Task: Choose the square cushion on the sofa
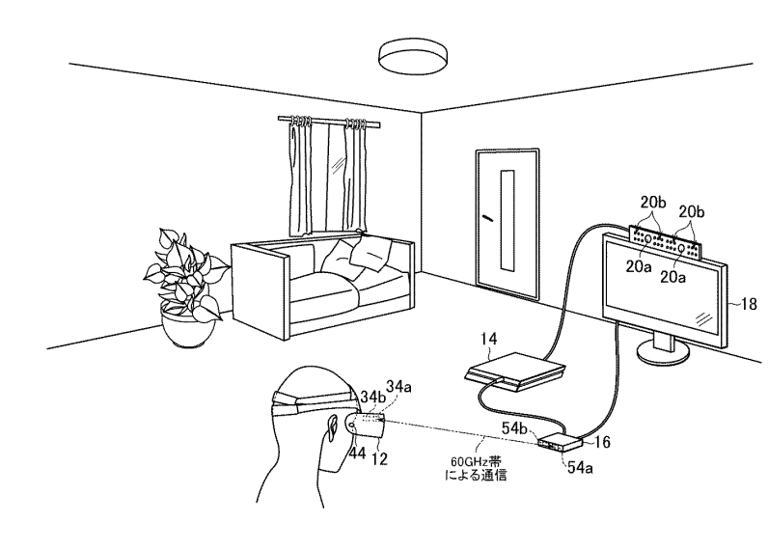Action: point(369,253)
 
